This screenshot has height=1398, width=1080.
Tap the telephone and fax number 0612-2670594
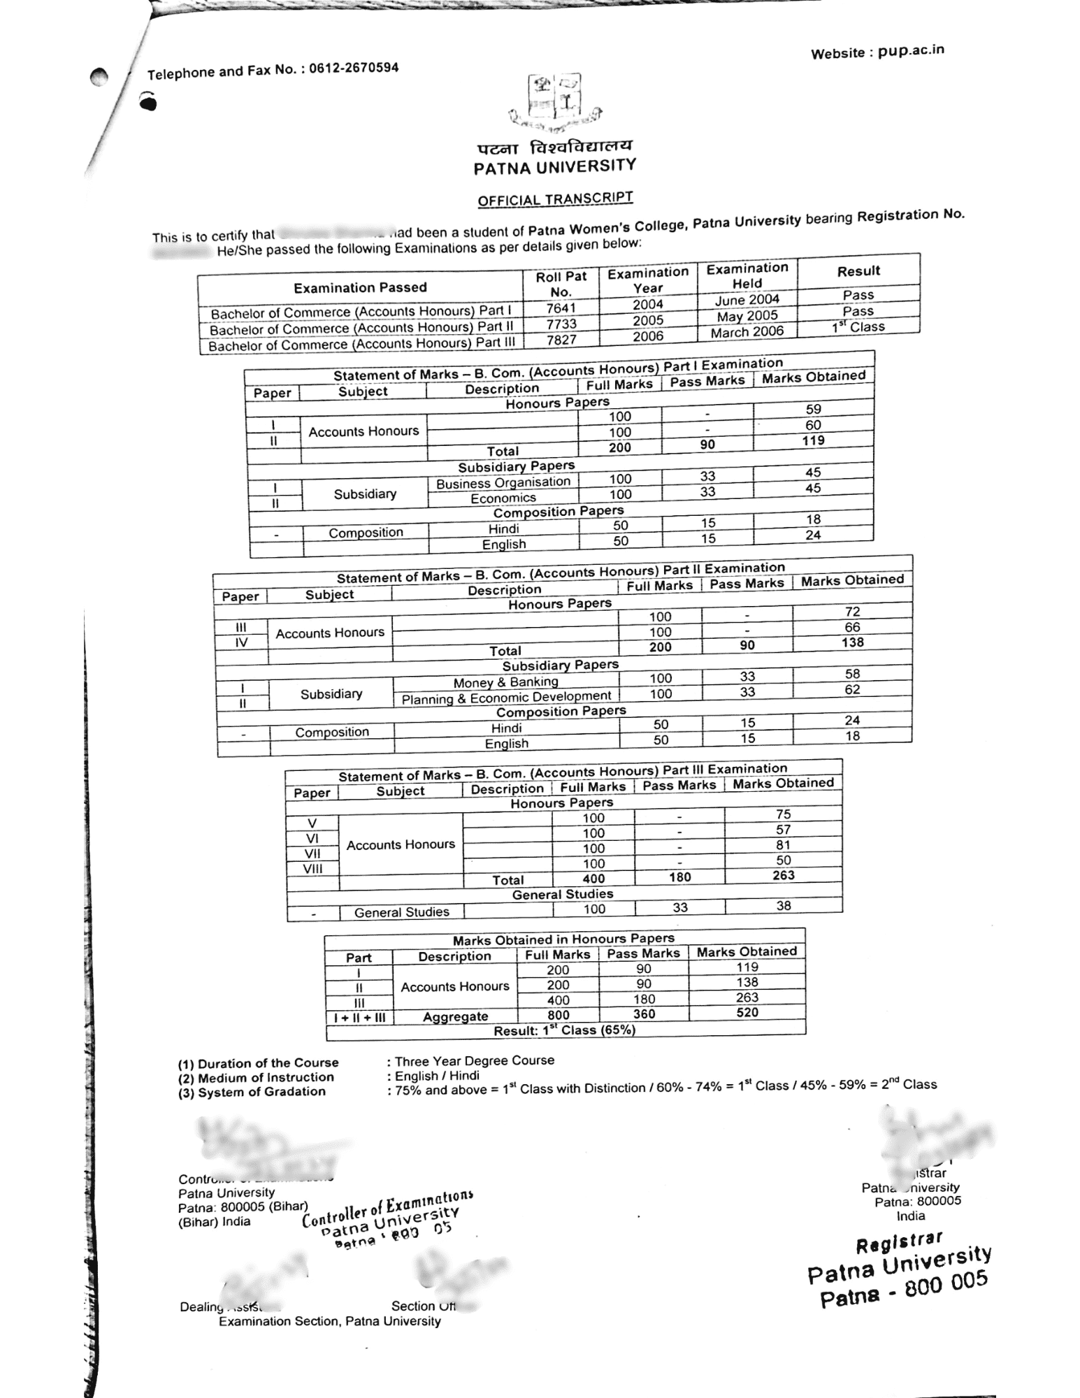354,69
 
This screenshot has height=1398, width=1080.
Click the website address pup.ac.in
911,50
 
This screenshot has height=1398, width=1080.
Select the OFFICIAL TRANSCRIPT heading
555,199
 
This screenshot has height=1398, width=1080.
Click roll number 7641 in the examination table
561,308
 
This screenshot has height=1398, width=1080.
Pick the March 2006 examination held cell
747,331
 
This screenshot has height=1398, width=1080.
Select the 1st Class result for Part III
858,326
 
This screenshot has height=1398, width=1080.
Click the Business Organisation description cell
503,482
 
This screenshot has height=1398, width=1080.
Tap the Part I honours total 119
813,440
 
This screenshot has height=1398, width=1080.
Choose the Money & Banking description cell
505,682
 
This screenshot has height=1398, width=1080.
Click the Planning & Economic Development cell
506,698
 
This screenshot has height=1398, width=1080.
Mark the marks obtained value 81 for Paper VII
783,844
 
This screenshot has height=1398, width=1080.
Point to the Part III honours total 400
593,879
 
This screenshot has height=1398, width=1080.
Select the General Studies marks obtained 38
784,906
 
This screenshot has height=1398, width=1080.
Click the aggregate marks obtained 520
747,1012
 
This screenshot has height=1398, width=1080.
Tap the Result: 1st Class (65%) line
564,1030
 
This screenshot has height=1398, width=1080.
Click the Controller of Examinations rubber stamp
387,1219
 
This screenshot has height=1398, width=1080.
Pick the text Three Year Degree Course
475,1060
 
